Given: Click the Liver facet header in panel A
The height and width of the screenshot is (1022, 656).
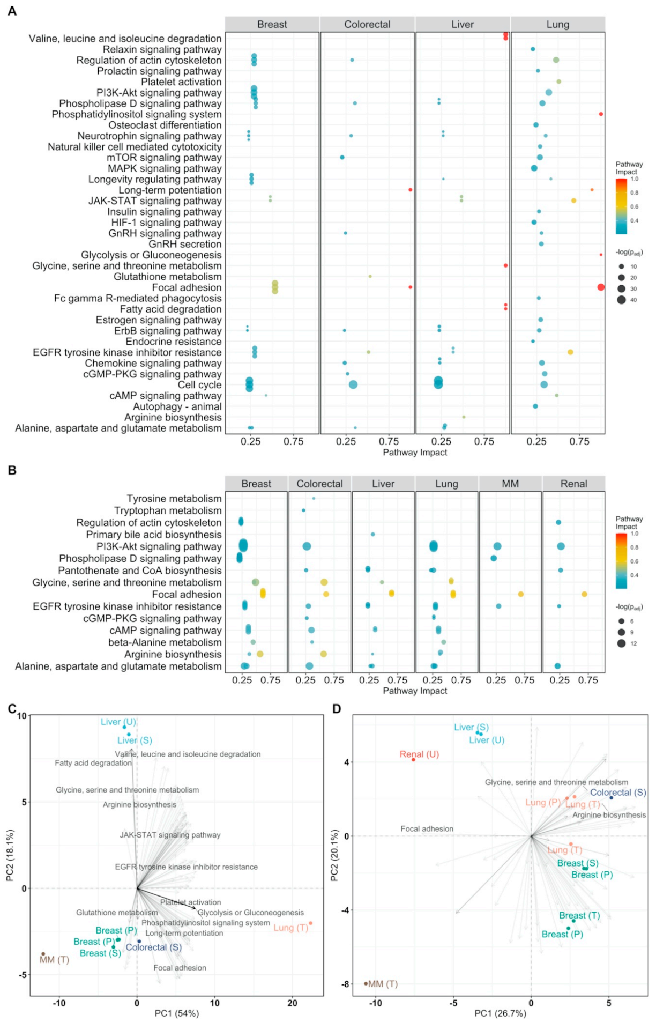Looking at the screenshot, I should [x=463, y=24].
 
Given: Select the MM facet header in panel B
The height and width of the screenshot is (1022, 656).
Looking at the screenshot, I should [x=510, y=484].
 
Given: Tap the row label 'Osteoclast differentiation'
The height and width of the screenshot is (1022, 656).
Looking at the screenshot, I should [x=165, y=125].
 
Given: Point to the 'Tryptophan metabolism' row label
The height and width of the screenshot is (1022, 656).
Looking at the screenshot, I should [x=168, y=510].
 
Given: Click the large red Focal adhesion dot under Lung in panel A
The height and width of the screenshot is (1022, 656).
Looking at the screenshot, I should [x=601, y=287].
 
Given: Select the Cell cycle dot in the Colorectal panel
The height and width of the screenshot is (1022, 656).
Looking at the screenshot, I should [x=353, y=384].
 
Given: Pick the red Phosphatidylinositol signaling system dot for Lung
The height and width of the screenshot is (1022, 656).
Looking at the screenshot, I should [x=601, y=114].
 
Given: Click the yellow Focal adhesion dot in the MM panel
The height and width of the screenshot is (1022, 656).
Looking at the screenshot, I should [x=520, y=594].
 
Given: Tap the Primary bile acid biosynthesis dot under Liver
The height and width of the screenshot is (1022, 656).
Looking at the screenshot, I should [x=373, y=534].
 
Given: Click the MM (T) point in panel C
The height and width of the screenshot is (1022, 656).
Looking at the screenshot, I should [x=43, y=954].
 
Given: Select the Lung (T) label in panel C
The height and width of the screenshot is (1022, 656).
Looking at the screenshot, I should [x=290, y=928].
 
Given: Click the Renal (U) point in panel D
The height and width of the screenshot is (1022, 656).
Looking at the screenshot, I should [x=413, y=760].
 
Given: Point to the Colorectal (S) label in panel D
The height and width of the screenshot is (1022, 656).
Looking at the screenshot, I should [x=618, y=793].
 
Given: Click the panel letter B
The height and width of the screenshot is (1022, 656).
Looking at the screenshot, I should [x=12, y=470].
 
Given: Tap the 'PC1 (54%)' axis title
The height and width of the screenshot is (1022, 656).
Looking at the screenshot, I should [x=177, y=1013].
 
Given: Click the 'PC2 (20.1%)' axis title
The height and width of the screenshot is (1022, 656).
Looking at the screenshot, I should [x=335, y=855].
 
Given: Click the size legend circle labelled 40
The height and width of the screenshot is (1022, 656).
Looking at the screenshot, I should [x=621, y=300].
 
